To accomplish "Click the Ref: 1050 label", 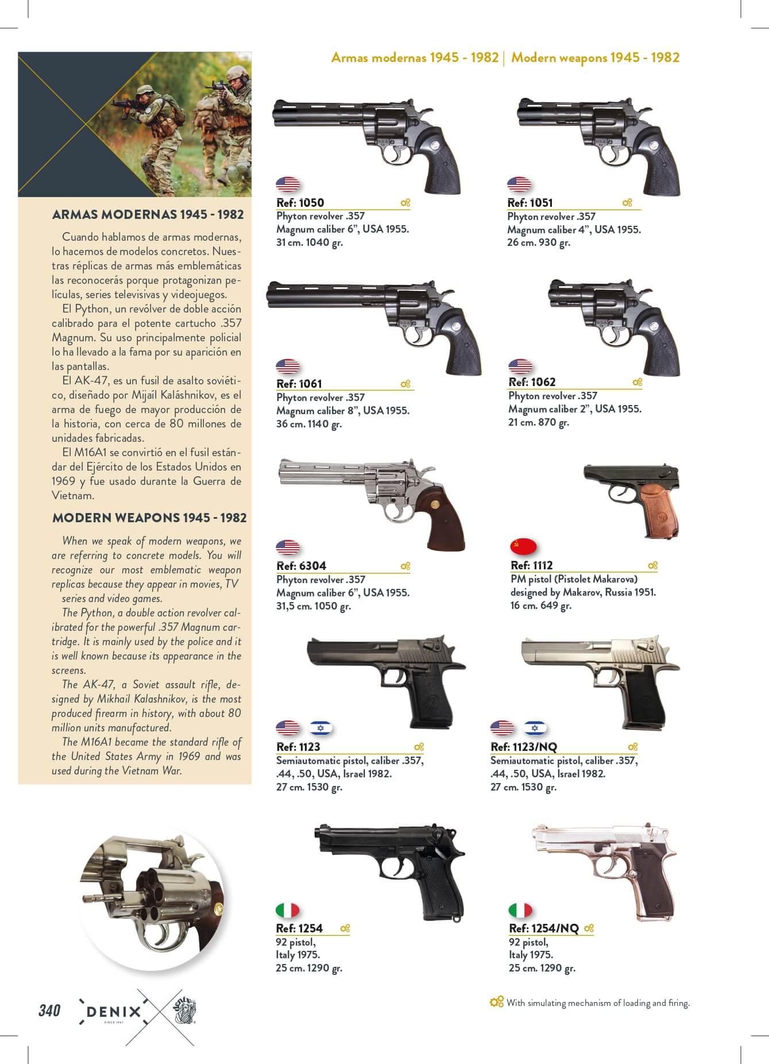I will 300,202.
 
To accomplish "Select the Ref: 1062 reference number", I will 532,382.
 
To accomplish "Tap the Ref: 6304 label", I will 301,565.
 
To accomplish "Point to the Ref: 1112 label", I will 532,565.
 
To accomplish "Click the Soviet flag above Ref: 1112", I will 523,546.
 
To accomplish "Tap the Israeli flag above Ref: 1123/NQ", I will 535,728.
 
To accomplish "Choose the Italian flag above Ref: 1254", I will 288,910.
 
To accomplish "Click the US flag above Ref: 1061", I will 288,366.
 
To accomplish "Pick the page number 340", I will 49,1010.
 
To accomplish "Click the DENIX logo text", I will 113,1012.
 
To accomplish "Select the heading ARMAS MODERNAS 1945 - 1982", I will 148,215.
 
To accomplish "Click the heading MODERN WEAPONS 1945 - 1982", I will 149,518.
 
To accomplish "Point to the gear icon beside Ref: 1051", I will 627,203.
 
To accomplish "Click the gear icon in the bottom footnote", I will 496,1002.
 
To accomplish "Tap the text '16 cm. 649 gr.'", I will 541,606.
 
